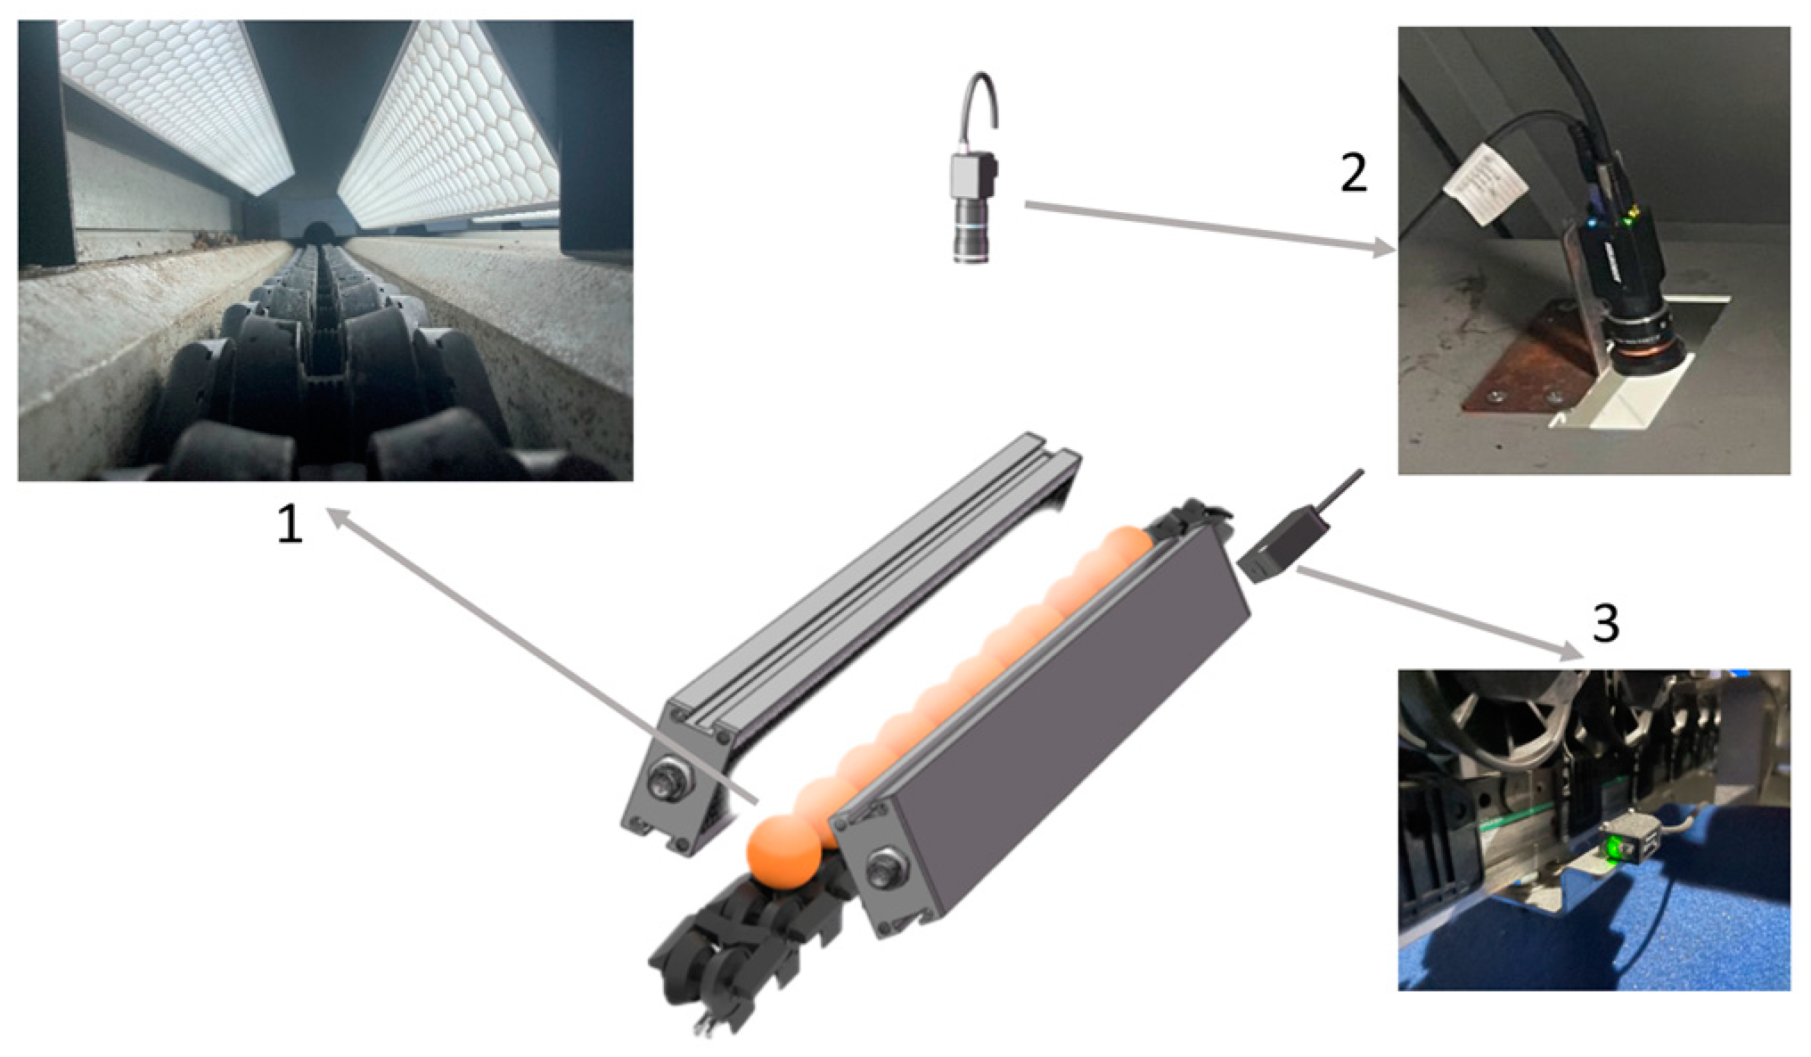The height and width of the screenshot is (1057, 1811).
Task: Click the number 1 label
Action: coord(290,524)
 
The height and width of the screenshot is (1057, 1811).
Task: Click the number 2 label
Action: coord(1353,173)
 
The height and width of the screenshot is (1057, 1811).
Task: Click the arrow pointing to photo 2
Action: coord(1209,228)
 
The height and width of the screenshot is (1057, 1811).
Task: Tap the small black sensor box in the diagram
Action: coord(1271,544)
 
